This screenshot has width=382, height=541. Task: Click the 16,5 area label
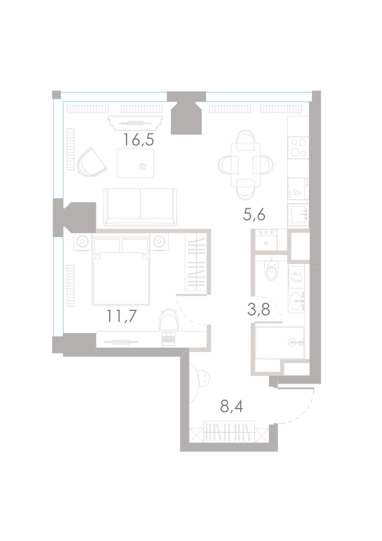(x=138, y=140)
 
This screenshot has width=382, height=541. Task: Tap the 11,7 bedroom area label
(x=122, y=316)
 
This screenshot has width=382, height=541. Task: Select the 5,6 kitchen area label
(x=254, y=215)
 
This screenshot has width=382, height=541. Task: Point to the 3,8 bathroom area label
(x=259, y=310)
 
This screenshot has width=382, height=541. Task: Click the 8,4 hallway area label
(x=231, y=407)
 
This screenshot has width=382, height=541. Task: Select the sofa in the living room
(x=141, y=207)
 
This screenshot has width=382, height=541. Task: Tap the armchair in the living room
(x=91, y=163)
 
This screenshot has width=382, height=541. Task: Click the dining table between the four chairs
(x=245, y=165)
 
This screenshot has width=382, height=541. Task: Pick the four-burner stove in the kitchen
(x=299, y=147)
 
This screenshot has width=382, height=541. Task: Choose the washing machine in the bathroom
(x=297, y=277)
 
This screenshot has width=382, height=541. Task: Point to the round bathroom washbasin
(x=297, y=302)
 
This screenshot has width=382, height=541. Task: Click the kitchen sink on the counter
(x=298, y=215)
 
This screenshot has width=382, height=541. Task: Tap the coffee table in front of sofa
(x=135, y=163)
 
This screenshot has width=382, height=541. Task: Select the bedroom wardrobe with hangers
(x=196, y=262)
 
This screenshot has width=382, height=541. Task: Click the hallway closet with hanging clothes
(x=229, y=432)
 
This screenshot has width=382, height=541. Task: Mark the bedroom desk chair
(x=169, y=320)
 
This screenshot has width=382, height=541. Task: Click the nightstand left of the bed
(x=82, y=242)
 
